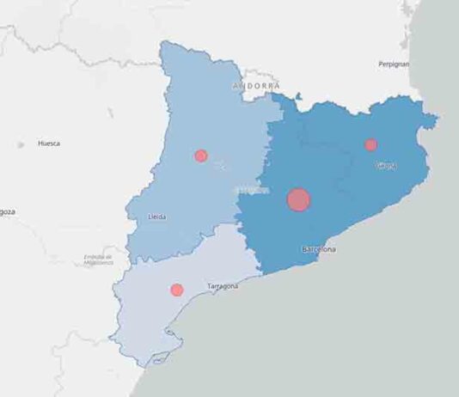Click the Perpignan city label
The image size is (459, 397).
(x=393, y=64)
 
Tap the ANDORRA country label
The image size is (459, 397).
(x=256, y=87)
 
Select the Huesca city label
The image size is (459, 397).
(x=49, y=144)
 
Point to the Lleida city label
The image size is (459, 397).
(x=157, y=217)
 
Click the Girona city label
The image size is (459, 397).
(x=386, y=165)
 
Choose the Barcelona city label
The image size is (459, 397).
(x=319, y=249)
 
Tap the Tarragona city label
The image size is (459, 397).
(x=223, y=285)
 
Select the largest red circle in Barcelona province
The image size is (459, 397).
(x=298, y=200)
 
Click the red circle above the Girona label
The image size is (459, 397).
(x=370, y=144)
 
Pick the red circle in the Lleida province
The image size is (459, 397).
(x=201, y=156)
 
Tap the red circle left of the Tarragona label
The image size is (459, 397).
(x=177, y=290)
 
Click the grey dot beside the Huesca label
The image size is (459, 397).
(x=21, y=145)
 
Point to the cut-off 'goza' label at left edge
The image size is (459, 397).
(x=7, y=211)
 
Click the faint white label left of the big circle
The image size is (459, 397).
(x=250, y=189)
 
